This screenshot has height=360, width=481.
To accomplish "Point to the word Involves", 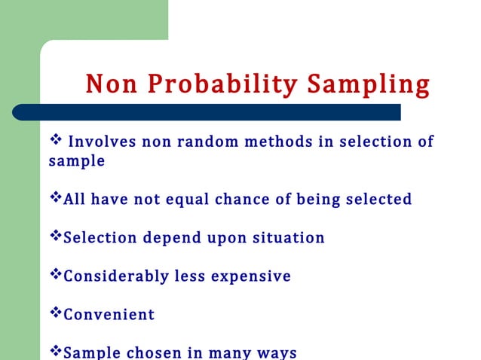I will click(x=100, y=142).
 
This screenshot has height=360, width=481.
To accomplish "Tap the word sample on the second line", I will click(x=76, y=161).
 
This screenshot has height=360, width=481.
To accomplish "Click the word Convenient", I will click(x=109, y=315).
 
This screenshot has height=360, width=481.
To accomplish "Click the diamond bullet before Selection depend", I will click(x=55, y=236).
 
